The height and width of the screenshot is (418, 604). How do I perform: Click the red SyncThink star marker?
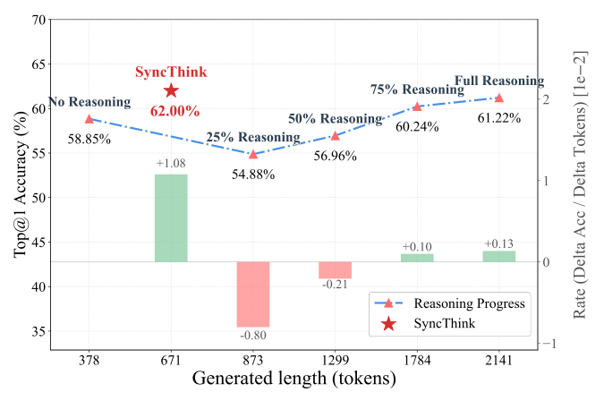click(171, 90)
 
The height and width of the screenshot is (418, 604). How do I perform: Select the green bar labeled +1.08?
click(171, 218)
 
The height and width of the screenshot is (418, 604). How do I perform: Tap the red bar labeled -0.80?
click(253, 294)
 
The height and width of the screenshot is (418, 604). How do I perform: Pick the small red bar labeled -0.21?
click(335, 269)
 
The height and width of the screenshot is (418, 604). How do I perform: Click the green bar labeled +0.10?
click(417, 258)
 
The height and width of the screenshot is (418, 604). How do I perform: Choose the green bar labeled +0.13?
click(498, 256)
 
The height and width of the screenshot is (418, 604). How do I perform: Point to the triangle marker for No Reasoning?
click(89, 118)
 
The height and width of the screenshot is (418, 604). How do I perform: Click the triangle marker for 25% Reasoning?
click(253, 154)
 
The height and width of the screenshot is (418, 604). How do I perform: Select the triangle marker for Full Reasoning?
click(498, 98)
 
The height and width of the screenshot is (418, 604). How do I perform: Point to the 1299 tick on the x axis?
click(335, 360)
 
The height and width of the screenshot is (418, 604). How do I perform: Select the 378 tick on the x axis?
click(89, 360)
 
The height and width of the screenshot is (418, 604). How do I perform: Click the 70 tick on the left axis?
click(38, 20)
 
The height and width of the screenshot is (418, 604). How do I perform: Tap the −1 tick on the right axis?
click(548, 344)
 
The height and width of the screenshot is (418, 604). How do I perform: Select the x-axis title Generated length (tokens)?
click(293, 380)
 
